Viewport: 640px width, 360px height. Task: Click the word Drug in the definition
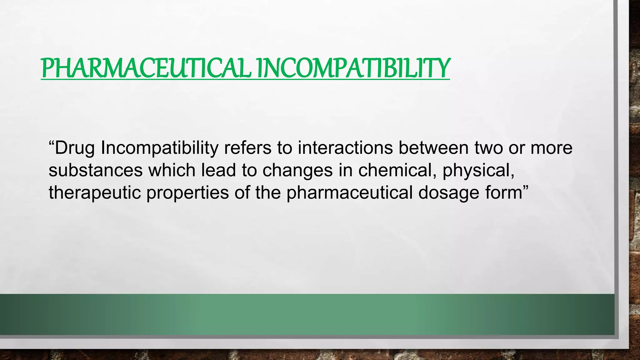point(75,148)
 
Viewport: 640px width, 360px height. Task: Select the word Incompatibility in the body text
point(159,148)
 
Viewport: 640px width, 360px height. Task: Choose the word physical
point(478,171)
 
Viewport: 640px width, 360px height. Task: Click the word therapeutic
point(95,193)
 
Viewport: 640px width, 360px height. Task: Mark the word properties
point(188,193)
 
